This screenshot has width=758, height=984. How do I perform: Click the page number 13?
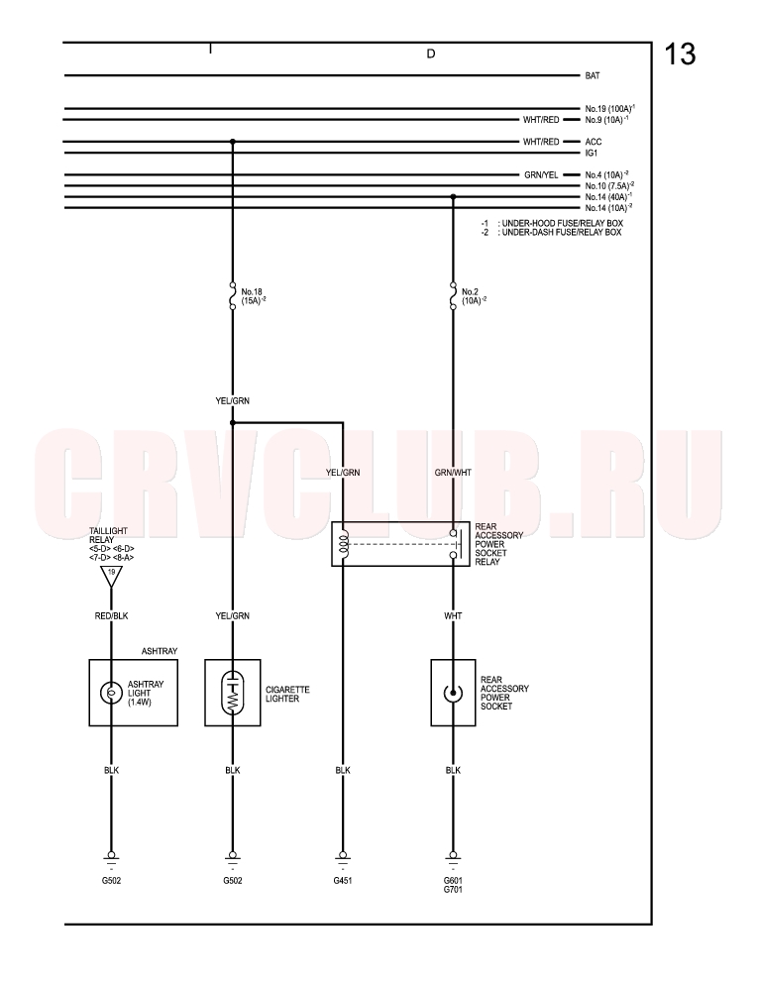[x=680, y=54]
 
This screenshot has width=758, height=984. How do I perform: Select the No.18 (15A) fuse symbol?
[x=232, y=295]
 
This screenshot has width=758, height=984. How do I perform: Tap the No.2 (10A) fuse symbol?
[x=453, y=295]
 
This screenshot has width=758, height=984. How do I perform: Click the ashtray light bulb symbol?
[x=111, y=693]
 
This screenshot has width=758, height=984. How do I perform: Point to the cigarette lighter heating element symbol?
[x=232, y=693]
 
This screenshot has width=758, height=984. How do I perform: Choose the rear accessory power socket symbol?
[x=453, y=693]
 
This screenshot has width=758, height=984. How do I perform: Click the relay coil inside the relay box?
[x=343, y=543]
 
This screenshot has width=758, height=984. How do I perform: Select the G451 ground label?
[x=343, y=881]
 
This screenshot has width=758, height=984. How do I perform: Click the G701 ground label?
[x=453, y=889]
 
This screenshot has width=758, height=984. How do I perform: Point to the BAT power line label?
[x=593, y=76]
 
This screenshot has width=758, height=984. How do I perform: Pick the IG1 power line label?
[x=592, y=153]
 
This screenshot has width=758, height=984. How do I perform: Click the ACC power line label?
[x=593, y=142]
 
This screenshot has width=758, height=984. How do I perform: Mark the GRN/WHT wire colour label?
[x=453, y=473]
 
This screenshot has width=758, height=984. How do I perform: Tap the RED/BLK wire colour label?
[x=111, y=616]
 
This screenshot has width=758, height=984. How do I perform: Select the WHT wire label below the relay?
[x=453, y=616]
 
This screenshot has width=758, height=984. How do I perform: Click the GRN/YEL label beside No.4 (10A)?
[x=541, y=175]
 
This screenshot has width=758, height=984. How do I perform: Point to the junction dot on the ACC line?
[x=232, y=142]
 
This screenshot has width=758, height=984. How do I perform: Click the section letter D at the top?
[x=430, y=54]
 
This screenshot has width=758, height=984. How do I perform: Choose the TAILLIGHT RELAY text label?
[x=108, y=535]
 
